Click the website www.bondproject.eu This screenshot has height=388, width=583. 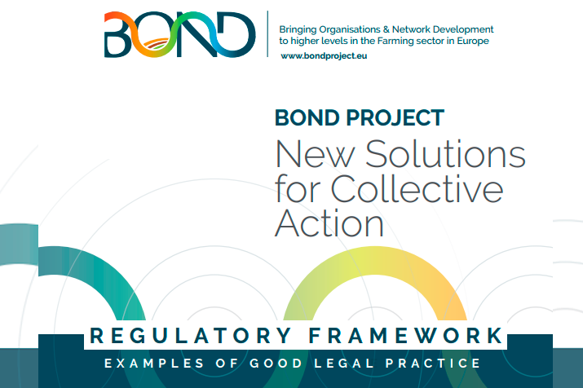pos(324,55)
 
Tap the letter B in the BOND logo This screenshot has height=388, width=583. pos(118,34)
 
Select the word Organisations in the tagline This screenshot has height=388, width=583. pos(349,29)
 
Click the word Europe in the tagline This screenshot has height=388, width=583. pos(473,42)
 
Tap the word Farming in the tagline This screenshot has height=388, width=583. pos(395,42)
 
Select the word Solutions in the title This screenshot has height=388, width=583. pos(445,154)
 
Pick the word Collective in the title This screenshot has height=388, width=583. pos(417,189)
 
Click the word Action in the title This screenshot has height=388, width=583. pos(329,223)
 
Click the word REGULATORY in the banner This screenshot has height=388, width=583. pos(191,336)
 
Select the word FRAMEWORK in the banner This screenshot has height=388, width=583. pos(405,336)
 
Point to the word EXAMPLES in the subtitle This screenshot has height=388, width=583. pos(154,363)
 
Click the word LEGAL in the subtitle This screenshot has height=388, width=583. pos(344,363)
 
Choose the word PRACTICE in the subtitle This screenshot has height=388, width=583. pos(433,363)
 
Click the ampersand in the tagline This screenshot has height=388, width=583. pos(386,29)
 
